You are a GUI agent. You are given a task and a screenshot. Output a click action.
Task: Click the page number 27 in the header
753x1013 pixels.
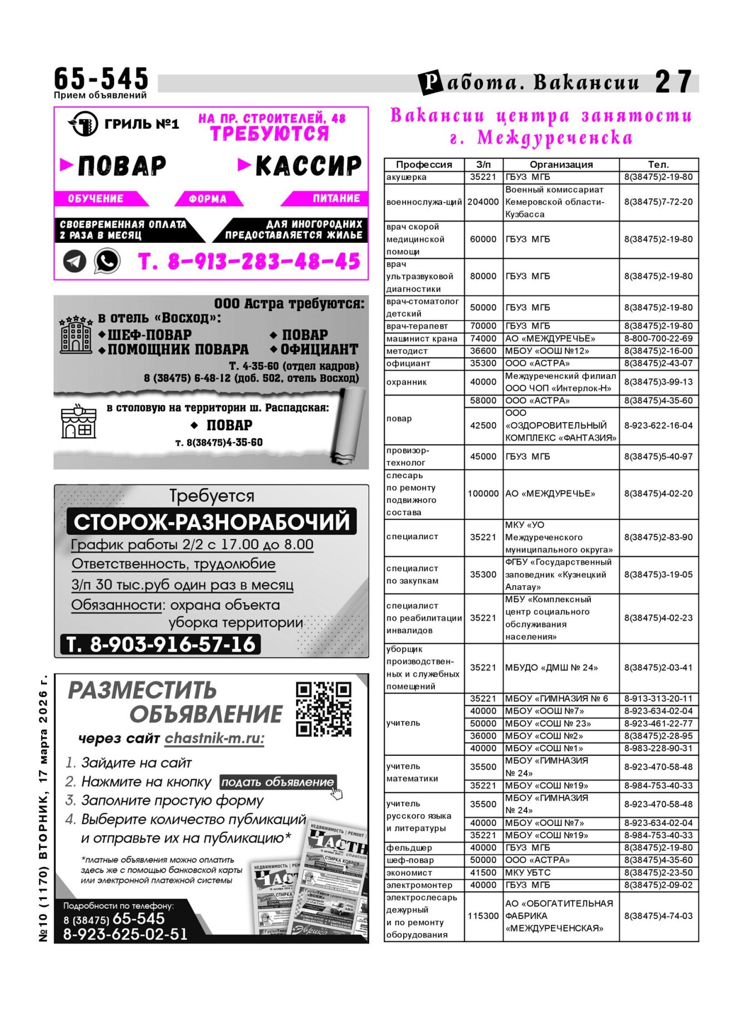[x=673, y=82]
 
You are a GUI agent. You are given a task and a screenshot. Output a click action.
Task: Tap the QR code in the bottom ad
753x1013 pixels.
[x=323, y=709]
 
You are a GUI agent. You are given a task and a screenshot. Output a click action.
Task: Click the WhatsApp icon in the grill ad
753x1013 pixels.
[x=107, y=260]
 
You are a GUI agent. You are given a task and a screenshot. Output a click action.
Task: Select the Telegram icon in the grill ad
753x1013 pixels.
[x=74, y=261]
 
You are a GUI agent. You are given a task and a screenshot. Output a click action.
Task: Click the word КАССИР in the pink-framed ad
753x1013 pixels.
[x=308, y=166]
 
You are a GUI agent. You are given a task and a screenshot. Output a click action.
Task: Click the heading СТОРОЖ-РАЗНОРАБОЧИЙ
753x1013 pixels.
[x=212, y=522]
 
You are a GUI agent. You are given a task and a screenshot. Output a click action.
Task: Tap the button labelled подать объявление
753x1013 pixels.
[x=277, y=782]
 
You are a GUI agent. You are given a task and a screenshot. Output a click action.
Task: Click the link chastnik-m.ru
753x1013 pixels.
[x=214, y=738]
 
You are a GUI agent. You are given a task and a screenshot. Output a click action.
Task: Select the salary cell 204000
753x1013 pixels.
[x=483, y=202]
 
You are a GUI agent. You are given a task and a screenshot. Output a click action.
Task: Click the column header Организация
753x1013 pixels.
[x=561, y=164]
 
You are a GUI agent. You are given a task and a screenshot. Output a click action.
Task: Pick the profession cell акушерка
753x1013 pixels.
[x=406, y=177]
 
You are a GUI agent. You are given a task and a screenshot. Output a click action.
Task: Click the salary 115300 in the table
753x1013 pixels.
[x=483, y=916]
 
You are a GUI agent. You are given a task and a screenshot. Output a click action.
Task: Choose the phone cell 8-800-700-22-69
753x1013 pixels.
[x=658, y=338]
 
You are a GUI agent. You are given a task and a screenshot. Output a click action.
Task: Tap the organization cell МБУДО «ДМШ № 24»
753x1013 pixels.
[x=551, y=668]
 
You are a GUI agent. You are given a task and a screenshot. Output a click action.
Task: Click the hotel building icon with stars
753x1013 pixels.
[x=76, y=335]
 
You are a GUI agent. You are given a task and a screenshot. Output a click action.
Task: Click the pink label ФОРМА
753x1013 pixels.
[x=208, y=199]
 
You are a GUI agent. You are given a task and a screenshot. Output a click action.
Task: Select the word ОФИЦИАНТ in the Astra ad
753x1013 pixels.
[x=319, y=349]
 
